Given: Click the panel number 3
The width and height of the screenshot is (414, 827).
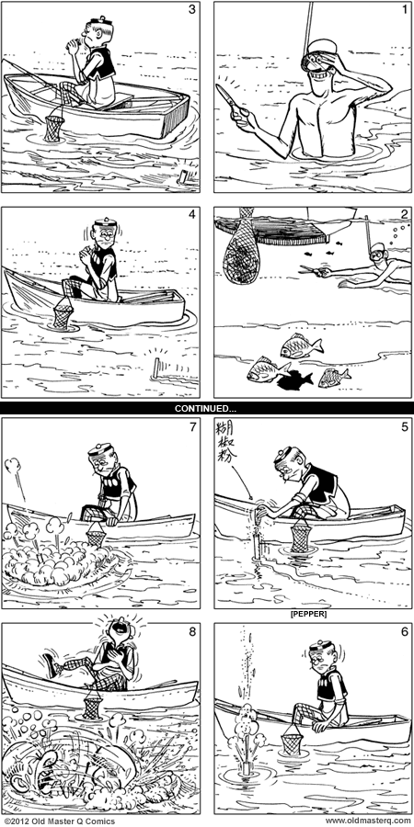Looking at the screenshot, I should pyautogui.click(x=190, y=10).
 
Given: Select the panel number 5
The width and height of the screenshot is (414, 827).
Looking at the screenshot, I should pyautogui.click(x=400, y=426).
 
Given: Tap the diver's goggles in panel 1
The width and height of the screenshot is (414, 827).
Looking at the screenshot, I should pyautogui.click(x=326, y=52).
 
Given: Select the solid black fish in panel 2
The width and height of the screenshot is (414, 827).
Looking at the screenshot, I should pyautogui.click(x=293, y=377).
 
